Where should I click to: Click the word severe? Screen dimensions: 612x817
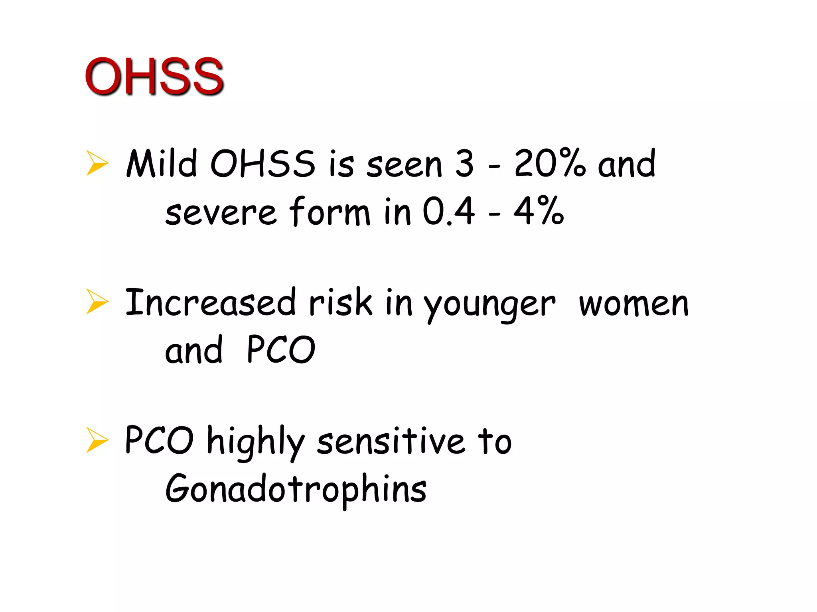(x=221, y=212)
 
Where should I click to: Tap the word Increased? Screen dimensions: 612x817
(x=211, y=303)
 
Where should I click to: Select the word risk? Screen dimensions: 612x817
(x=340, y=303)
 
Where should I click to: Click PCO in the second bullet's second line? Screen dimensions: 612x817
(x=281, y=350)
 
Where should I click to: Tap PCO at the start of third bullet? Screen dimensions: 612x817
(x=159, y=440)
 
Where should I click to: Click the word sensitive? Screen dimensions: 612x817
(x=391, y=441)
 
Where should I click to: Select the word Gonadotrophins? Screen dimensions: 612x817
(x=296, y=489)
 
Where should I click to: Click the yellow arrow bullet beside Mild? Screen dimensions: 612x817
(x=97, y=163)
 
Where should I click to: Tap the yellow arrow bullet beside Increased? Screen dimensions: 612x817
(x=97, y=302)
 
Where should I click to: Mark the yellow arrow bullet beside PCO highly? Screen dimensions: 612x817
(x=97, y=440)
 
